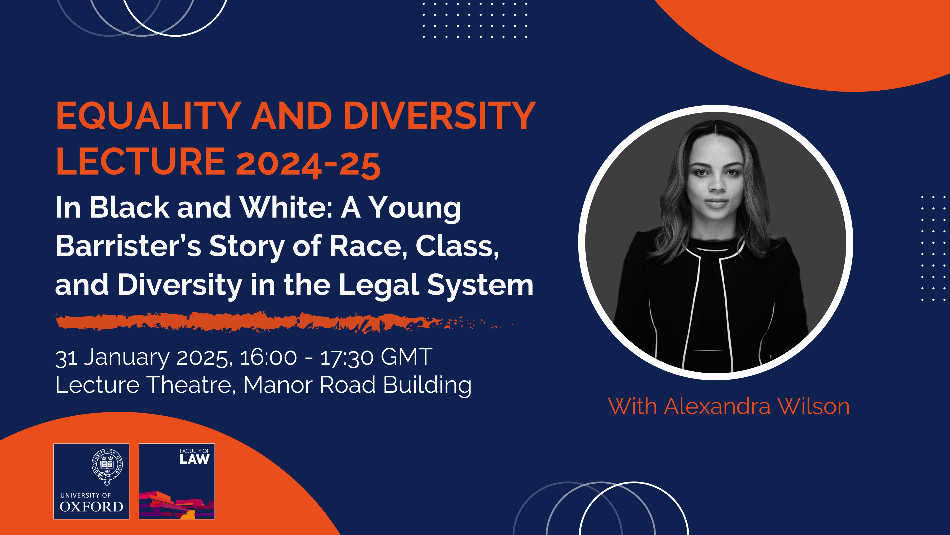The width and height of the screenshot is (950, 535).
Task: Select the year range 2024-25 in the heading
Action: pyautogui.click(x=308, y=164)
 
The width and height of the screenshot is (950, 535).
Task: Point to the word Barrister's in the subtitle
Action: pyautogui.click(x=128, y=246)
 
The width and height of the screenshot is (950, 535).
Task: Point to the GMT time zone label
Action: pyautogui.click(x=406, y=357)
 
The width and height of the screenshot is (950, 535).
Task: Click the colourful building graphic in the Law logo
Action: pyautogui.click(x=176, y=505)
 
